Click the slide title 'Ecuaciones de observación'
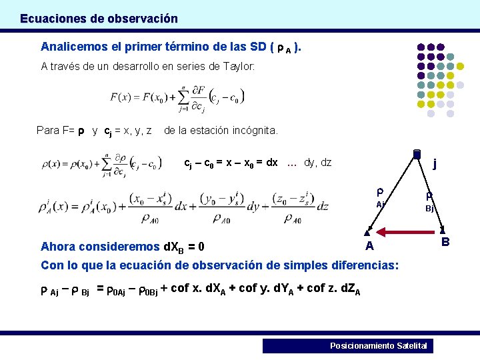pos(99,19)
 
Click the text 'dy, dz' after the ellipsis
pos(317,163)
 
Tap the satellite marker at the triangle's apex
pos(416,154)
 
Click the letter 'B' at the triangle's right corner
pos(445,241)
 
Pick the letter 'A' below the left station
pos(369,246)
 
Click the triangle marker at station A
pos(367,233)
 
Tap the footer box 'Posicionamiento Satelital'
pos(347,345)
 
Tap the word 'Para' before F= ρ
pos(48,130)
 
